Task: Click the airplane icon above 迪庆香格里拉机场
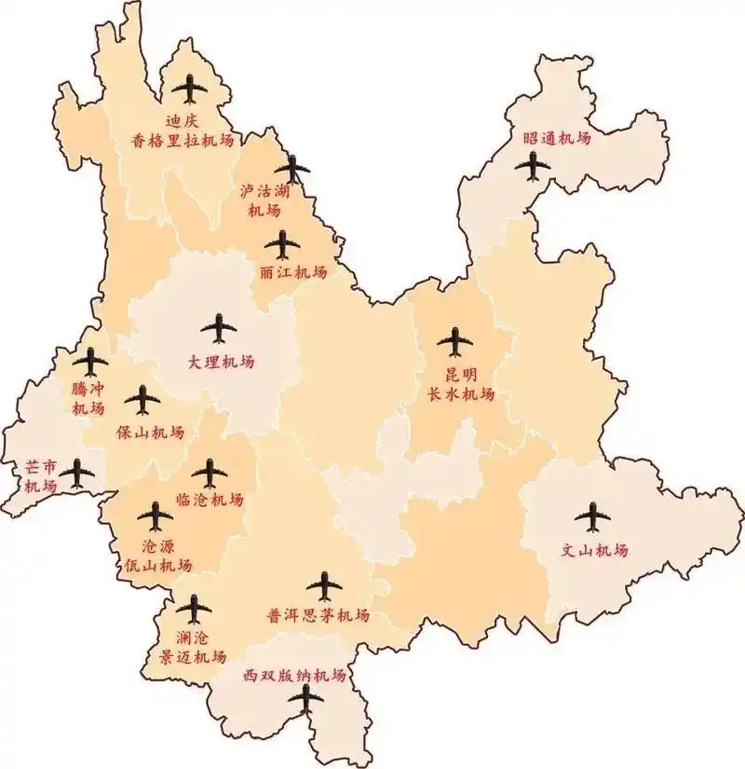[x=191, y=89]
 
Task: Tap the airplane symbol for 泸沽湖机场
[x=294, y=169]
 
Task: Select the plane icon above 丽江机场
[x=282, y=245]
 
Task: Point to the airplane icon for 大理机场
[x=219, y=327]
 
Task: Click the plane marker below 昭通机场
[x=535, y=166]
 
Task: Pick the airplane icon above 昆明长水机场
[x=454, y=341]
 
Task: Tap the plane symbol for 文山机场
[x=592, y=515]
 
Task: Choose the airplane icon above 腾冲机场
[x=90, y=362]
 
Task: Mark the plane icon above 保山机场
[x=142, y=400]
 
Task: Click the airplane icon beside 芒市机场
[x=76, y=474]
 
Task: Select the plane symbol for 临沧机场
[x=210, y=473]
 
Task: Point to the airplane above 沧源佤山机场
[x=155, y=515]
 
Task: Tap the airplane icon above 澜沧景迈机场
[x=195, y=609]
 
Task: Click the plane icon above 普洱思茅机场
[x=324, y=586]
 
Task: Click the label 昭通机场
[x=557, y=138]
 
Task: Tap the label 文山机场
[x=594, y=550]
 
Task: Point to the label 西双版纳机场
[x=294, y=675]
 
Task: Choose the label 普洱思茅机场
[x=318, y=616]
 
